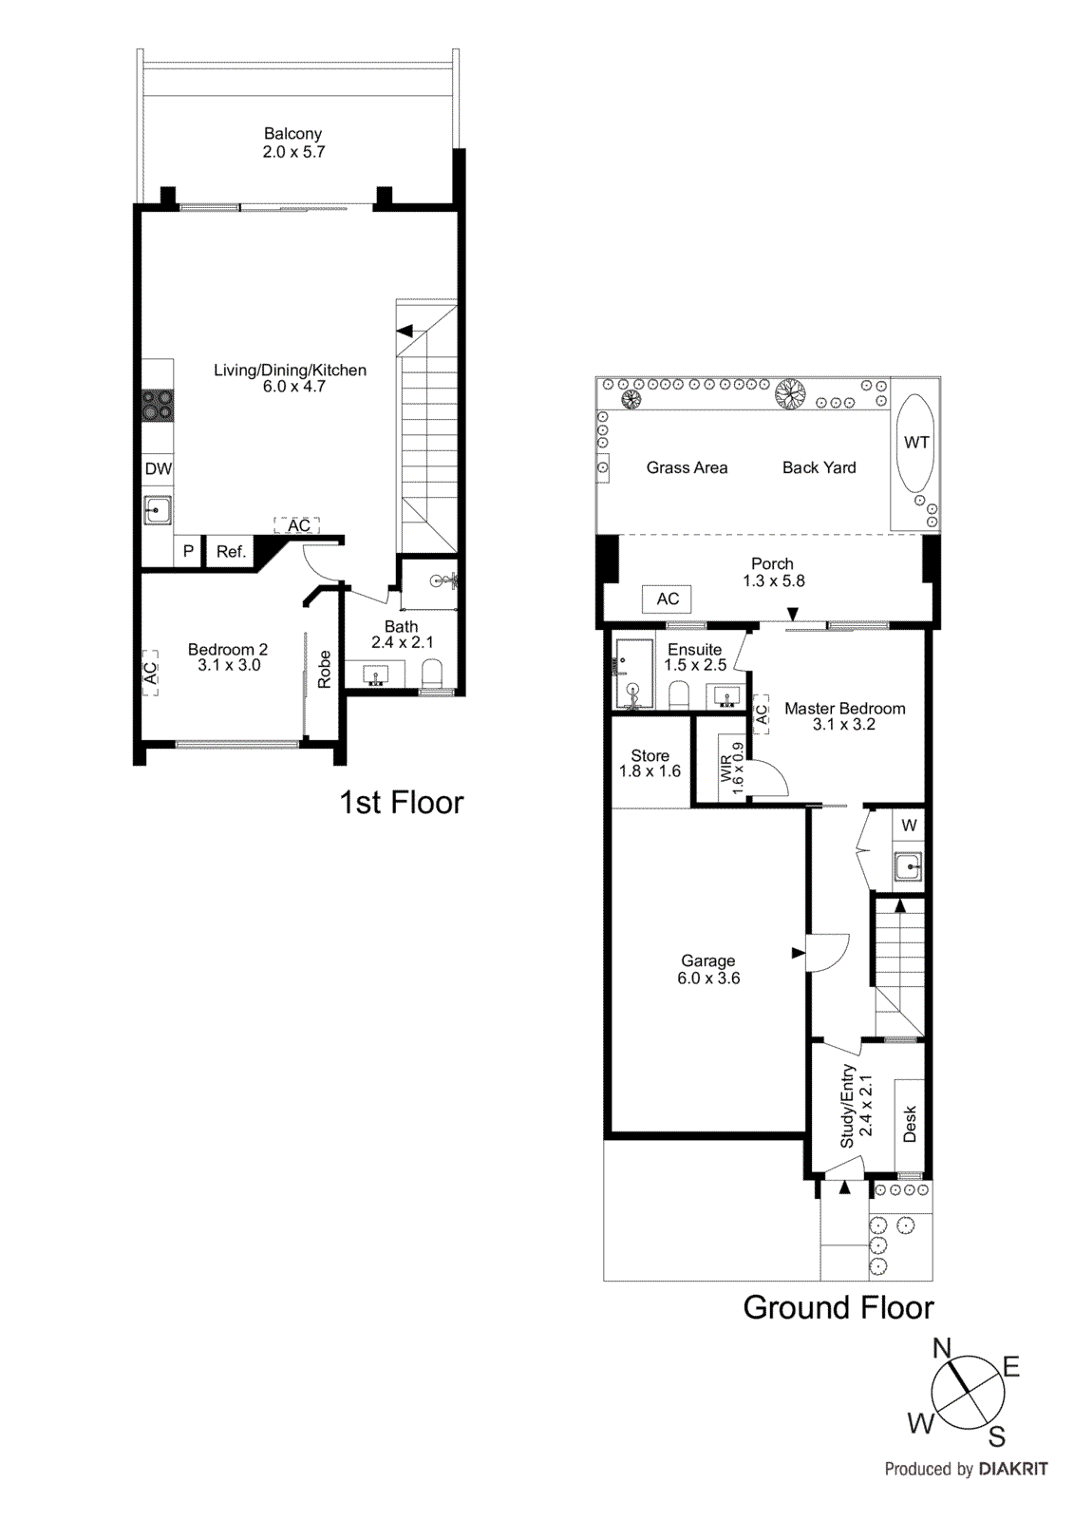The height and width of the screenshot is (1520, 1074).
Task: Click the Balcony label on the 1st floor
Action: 292,134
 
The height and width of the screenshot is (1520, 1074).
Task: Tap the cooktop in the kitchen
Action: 158,406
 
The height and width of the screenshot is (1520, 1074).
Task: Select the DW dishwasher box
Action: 158,468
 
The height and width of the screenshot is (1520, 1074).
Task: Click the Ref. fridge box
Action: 231,551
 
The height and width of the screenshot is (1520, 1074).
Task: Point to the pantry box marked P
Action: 188,551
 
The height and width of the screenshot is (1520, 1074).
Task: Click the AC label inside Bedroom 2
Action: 150,673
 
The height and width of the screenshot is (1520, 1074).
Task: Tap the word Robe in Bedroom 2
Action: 325,669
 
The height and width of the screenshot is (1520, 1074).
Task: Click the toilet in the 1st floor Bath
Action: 432,674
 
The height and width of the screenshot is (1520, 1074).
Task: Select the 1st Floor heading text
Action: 401,803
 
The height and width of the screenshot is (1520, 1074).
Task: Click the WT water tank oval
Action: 916,442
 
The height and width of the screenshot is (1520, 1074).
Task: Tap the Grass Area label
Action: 687,467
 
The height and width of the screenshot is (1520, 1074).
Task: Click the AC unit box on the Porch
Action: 668,598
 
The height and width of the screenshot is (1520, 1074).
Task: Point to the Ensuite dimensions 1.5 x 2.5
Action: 695,665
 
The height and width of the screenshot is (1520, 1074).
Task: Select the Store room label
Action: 650,756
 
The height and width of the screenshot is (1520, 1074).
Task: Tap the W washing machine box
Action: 909,825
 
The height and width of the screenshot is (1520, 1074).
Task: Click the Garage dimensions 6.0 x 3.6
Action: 708,978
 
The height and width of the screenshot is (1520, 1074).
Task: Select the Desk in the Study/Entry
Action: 910,1124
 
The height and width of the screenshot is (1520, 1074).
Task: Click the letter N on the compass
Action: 941,1348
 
